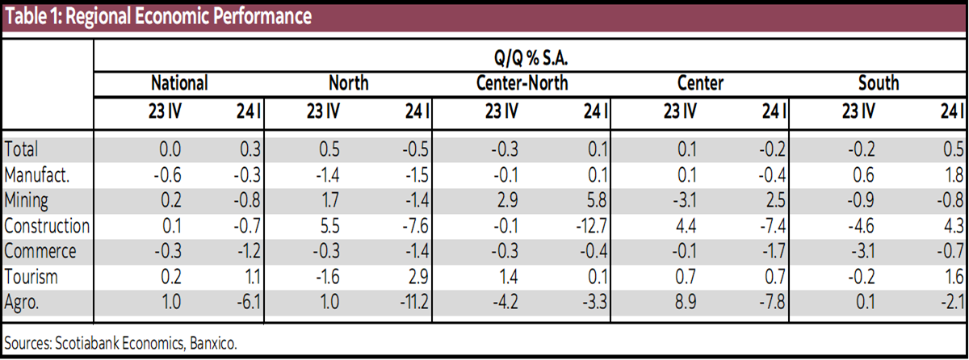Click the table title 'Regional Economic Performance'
pyautogui.click(x=157, y=15)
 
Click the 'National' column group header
pyautogui.click(x=180, y=83)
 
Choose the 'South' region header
pyautogui.click(x=879, y=83)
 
